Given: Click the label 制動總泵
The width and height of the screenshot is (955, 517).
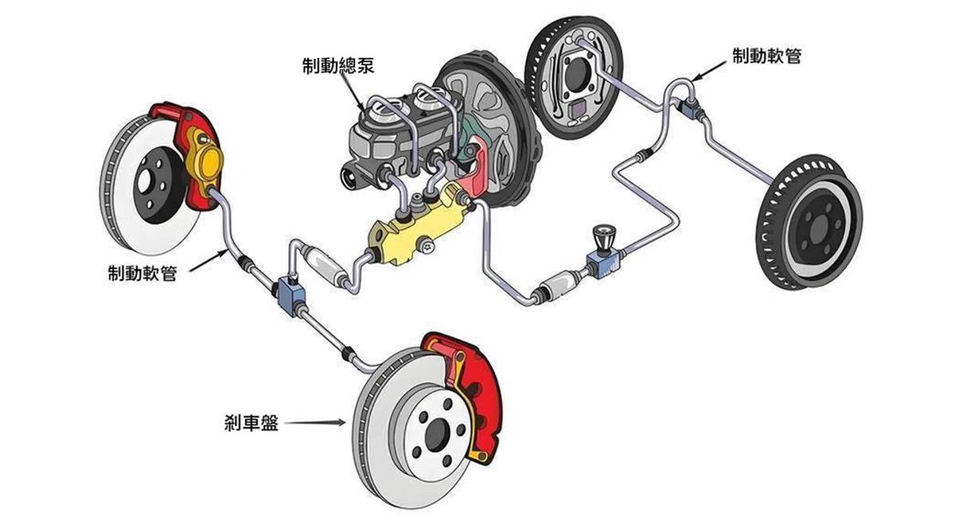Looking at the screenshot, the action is [338, 66].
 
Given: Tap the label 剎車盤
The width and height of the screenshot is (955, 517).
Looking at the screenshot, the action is [251, 423].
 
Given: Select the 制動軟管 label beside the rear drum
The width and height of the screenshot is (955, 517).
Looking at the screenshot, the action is [767, 56].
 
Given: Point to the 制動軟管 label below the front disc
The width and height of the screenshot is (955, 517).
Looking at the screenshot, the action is [142, 273].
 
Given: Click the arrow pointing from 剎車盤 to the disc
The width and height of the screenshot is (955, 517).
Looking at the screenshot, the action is [314, 423].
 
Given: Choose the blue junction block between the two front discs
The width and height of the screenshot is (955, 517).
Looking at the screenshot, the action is [290, 294].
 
